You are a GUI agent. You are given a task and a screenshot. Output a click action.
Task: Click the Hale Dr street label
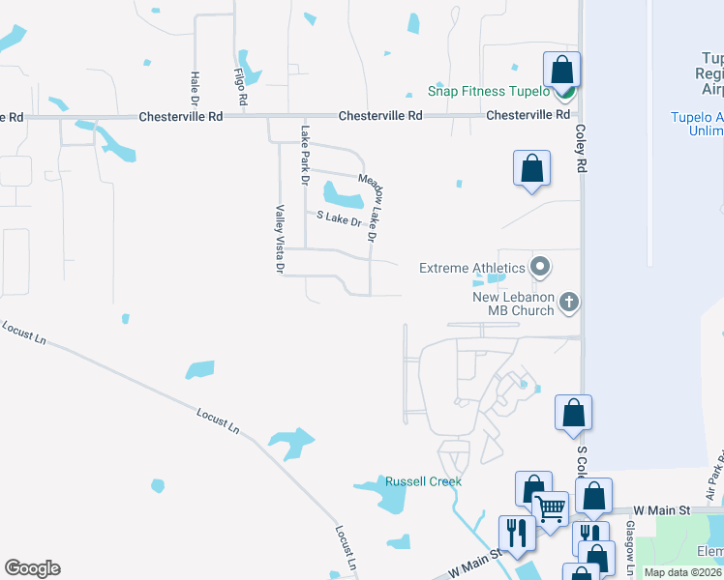[195, 88]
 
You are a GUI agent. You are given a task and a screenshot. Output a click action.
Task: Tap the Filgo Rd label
[241, 85]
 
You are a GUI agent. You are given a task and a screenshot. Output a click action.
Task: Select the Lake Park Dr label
[304, 156]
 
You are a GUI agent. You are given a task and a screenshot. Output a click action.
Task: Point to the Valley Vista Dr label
[279, 239]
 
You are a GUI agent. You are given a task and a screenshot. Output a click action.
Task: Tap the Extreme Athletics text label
[472, 267]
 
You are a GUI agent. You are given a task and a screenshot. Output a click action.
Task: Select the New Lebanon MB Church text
[513, 304]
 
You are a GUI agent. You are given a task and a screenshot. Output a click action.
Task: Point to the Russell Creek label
[423, 481]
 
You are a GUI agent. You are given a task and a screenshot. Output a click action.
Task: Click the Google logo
[32, 568]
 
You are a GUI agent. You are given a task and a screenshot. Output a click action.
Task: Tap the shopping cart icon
[550, 507]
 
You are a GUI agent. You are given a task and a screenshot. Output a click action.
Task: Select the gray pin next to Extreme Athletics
[541, 266]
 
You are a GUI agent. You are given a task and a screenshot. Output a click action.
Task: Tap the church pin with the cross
[569, 303]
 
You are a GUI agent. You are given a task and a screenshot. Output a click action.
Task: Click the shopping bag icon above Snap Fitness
[561, 70]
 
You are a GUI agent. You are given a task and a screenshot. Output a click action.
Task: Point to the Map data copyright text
[682, 572]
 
